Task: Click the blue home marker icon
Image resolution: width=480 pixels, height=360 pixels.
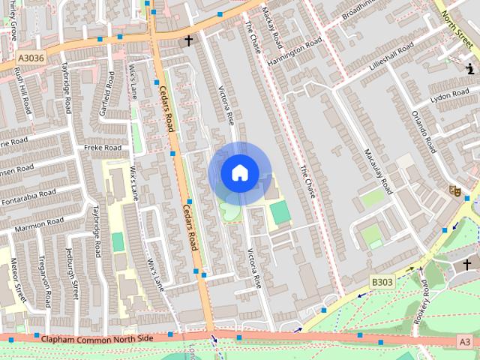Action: pos(239,173)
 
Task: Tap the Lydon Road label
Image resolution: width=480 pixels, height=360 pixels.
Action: pos(450,96)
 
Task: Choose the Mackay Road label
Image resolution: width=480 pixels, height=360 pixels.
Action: pos(271,26)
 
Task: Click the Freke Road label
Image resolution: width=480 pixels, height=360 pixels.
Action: pos(102,148)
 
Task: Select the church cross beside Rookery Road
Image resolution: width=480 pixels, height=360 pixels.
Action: pos(466,264)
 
